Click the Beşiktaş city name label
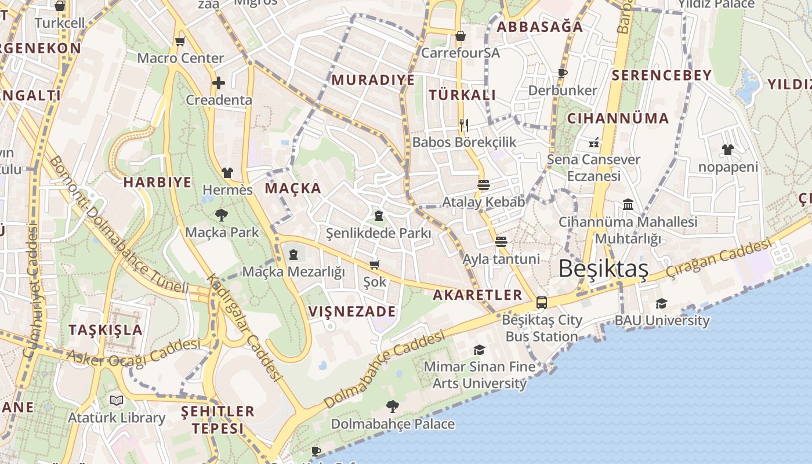pyautogui.click(x=603, y=269)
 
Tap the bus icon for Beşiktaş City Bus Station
pyautogui.click(x=541, y=302)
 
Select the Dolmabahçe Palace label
pyautogui.click(x=393, y=424)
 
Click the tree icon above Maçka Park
pyautogui.click(x=221, y=215)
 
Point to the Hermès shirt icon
pyautogui.click(x=227, y=173)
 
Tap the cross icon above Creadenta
pyautogui.click(x=218, y=83)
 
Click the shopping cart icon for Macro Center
pyautogui.click(x=180, y=41)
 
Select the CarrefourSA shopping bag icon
pyautogui.click(x=460, y=36)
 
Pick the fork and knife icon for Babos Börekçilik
pyautogui.click(x=463, y=125)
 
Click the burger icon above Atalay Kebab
pyautogui.click(x=483, y=185)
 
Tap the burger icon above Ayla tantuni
pyautogui.click(x=501, y=242)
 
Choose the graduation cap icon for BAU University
pyautogui.click(x=661, y=303)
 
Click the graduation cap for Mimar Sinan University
pyautogui.click(x=479, y=350)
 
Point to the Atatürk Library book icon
pyautogui.click(x=117, y=400)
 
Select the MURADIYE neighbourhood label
pyautogui.click(x=373, y=80)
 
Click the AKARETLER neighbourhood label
pyautogui.click(x=477, y=295)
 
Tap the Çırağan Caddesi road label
pyautogui.click(x=719, y=259)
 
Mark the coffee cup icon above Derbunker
pyautogui.click(x=561, y=73)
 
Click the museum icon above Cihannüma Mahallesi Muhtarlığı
pyautogui.click(x=628, y=204)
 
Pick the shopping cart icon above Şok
pyautogui.click(x=374, y=264)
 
